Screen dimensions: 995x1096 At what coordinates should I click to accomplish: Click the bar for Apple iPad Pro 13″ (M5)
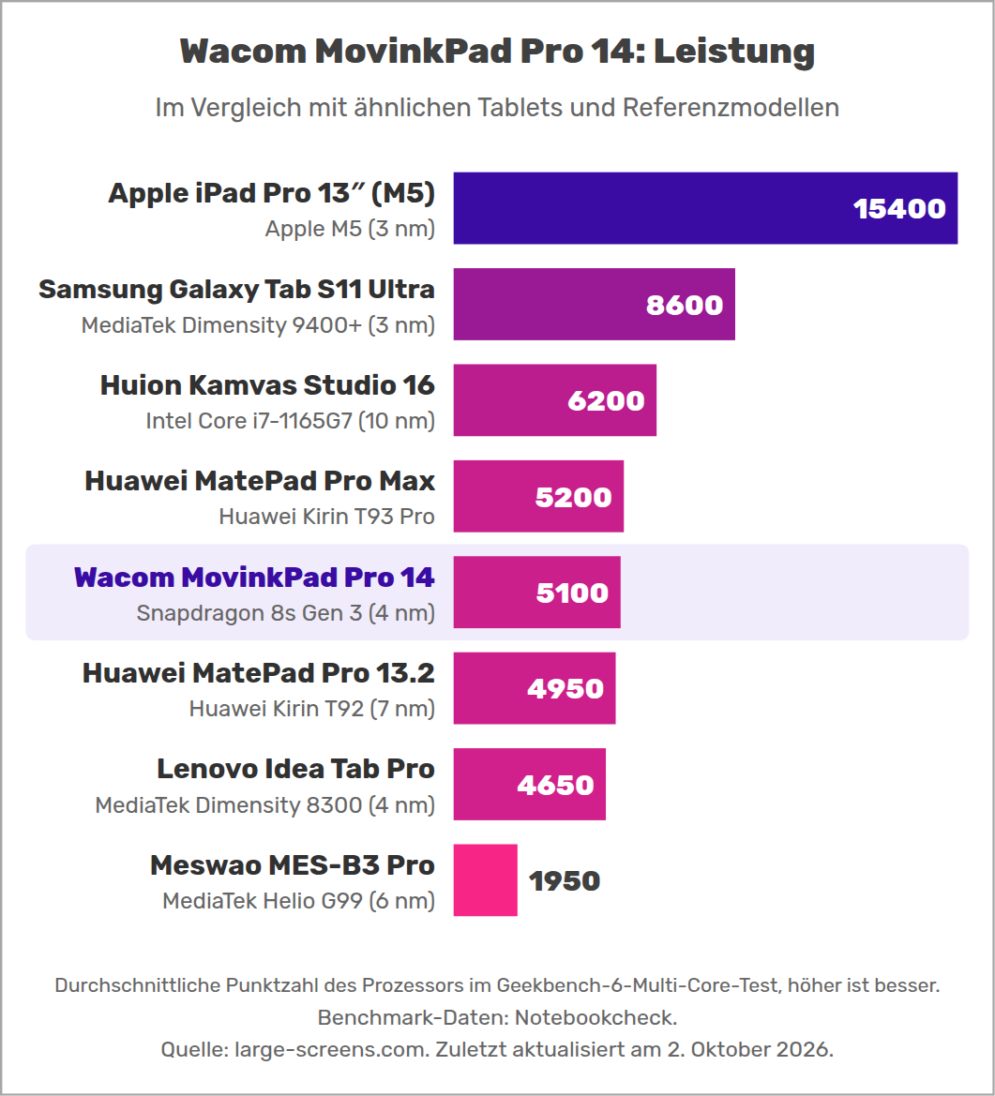point(705,208)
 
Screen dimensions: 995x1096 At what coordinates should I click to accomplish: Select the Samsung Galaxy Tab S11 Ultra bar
point(595,304)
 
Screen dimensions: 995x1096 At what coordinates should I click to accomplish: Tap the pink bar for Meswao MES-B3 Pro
point(485,880)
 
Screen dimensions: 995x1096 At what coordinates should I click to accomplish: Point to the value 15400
point(899,208)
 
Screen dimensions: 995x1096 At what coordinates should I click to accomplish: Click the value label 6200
point(606,400)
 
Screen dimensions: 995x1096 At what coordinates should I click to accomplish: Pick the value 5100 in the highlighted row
point(573,593)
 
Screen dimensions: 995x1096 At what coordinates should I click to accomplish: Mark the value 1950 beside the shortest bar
point(565,880)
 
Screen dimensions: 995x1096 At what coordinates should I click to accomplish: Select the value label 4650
point(556,785)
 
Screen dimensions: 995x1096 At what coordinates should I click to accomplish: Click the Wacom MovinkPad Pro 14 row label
point(254,578)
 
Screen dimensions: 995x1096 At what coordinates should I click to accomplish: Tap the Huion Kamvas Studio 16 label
point(267,385)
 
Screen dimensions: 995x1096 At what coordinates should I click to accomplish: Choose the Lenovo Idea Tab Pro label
point(295,769)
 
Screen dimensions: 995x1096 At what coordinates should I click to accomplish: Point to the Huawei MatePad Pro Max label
point(260,481)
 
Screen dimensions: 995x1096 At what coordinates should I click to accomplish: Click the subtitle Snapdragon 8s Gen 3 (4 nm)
point(286,613)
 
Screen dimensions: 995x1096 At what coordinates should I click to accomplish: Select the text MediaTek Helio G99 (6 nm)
point(298,901)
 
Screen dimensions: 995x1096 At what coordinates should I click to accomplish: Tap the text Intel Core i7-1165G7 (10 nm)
point(290,421)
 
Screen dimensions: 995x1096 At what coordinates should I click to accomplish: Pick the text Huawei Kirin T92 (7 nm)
point(312,709)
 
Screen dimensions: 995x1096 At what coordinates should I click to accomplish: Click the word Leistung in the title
point(734,52)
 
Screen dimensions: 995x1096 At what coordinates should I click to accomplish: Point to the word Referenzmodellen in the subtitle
point(731,108)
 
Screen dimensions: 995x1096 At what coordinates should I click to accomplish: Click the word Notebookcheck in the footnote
point(595,1018)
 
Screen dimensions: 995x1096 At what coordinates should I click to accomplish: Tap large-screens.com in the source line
point(331,1050)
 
